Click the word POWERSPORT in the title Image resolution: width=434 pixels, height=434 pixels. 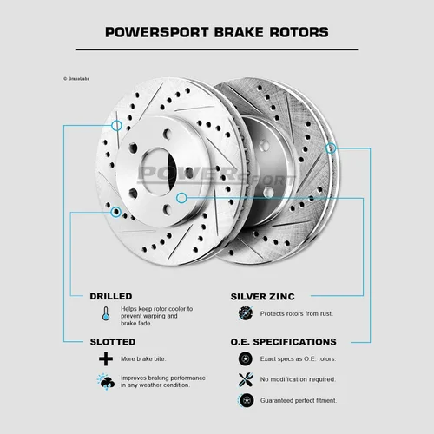[x=156, y=32]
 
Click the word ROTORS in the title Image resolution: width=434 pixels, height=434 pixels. [x=299, y=32]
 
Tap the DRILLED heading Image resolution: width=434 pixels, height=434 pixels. [x=111, y=296]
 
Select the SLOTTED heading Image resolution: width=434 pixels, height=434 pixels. [x=113, y=342]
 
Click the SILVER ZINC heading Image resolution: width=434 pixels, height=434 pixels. [x=263, y=297]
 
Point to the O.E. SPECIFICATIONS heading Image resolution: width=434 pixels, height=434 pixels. [x=284, y=342]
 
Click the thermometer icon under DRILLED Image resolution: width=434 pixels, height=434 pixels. [x=106, y=313]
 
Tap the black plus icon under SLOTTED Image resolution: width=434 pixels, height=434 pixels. [x=106, y=358]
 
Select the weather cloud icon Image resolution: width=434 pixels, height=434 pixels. [x=106, y=382]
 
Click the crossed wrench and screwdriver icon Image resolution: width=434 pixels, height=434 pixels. [x=246, y=379]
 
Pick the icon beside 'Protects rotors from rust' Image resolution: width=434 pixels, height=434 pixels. [x=246, y=313]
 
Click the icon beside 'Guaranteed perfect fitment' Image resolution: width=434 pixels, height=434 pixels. [x=246, y=400]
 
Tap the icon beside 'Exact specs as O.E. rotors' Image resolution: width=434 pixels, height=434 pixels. [x=246, y=358]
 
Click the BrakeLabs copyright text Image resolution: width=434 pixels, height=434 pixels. [x=76, y=79]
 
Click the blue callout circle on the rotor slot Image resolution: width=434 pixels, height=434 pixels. [x=116, y=126]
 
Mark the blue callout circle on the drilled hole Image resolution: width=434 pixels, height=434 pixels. [x=116, y=212]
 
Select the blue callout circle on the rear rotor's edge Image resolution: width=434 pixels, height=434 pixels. [x=331, y=148]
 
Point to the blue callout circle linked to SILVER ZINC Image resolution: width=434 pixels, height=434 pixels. [x=181, y=198]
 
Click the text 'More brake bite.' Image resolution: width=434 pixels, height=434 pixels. [x=143, y=359]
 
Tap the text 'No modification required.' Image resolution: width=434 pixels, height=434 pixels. [x=298, y=379]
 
